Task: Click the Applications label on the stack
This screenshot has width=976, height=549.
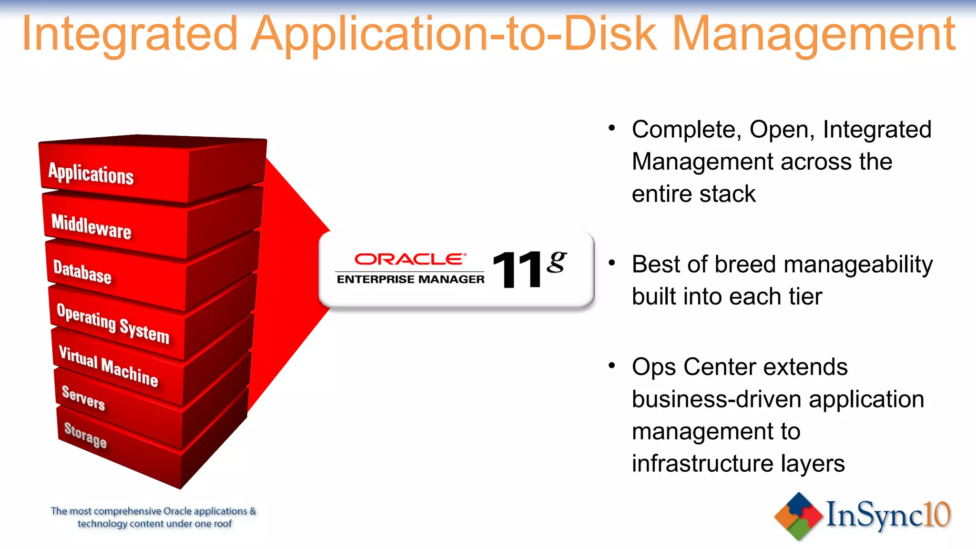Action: tap(91, 173)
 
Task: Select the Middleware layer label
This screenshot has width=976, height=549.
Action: tap(91, 226)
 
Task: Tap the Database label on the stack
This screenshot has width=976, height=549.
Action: tap(82, 272)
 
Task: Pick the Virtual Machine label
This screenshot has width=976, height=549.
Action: tap(108, 366)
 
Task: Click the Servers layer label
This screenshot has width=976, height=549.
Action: tap(83, 397)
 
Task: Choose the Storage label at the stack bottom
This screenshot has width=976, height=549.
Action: tap(85, 435)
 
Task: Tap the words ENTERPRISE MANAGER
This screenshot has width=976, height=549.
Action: tap(410, 279)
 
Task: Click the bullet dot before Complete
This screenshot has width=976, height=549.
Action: tap(612, 128)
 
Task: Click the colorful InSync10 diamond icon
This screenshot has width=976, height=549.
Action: tap(798, 517)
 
